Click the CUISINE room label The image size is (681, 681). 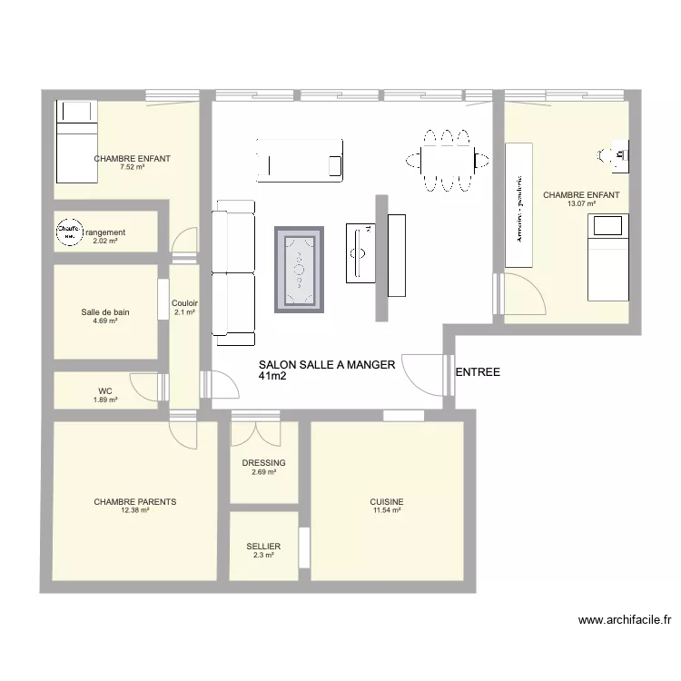pos(387,502)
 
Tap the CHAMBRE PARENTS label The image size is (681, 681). pos(135,501)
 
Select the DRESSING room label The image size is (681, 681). pos(263,463)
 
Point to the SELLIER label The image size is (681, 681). pos(263,547)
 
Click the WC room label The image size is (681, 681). pos(105,392)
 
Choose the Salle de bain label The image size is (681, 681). pos(105,312)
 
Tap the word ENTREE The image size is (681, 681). pos(478,372)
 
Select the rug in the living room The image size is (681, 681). pos(300,270)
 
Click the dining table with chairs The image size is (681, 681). pos(446,161)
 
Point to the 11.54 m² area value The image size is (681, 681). pos(387,511)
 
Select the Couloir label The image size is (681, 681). pos(184,304)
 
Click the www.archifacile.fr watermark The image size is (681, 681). pos(625,621)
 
